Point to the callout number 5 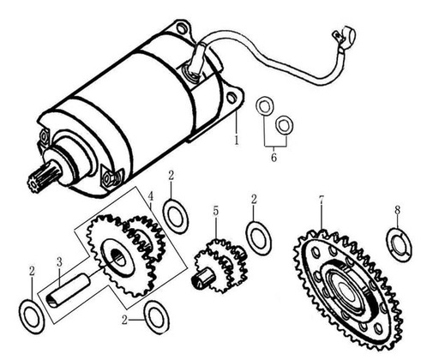[x=216, y=210]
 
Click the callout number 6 [x=274, y=159]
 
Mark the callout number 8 [x=397, y=209]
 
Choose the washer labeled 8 [x=399, y=243]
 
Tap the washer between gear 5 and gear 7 [x=258, y=237]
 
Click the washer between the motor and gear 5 [x=176, y=215]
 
